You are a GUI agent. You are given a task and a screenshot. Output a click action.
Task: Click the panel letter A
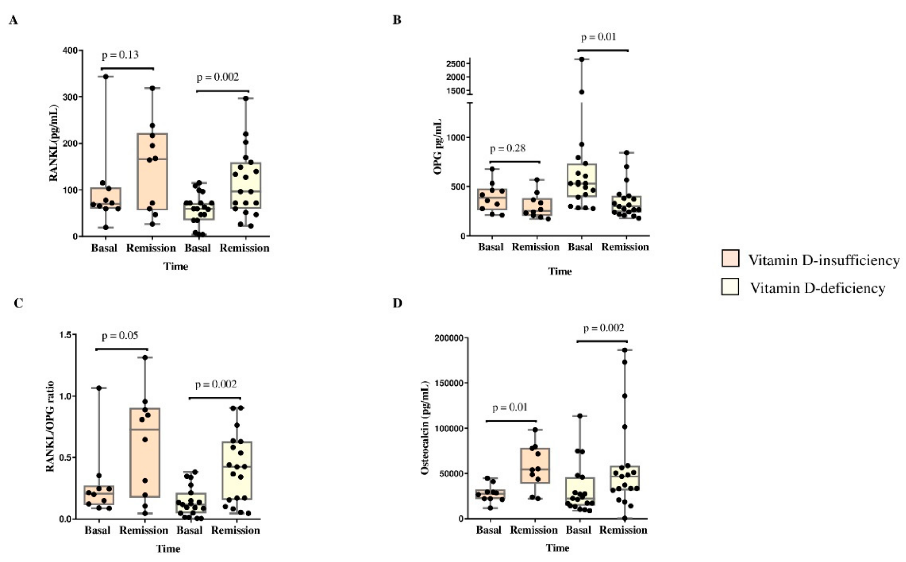[13, 20]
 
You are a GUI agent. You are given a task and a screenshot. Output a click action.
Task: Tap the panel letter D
[397, 303]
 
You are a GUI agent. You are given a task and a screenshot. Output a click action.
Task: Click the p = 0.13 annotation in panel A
[120, 55]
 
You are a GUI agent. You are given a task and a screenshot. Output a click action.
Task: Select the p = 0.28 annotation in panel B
[508, 149]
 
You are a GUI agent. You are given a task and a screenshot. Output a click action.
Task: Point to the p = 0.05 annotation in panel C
[119, 336]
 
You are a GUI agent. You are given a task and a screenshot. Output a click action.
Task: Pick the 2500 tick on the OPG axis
[456, 64]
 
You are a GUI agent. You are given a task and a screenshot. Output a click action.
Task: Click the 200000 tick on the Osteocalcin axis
[449, 338]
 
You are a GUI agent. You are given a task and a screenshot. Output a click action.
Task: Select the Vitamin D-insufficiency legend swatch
[730, 258]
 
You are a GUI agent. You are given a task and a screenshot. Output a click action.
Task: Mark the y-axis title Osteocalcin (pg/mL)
[425, 428]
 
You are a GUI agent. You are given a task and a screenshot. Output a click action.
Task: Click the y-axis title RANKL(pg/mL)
[54, 143]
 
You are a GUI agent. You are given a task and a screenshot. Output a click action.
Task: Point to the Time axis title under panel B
[560, 271]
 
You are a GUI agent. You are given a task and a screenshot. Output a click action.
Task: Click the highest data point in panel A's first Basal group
[105, 76]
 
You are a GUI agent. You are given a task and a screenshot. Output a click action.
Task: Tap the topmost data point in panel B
[582, 59]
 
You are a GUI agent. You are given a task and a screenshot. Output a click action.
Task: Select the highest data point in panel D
[625, 350]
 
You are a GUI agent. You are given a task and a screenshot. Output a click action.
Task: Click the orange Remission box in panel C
[145, 452]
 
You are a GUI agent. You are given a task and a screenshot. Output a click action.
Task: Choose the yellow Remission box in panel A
[246, 185]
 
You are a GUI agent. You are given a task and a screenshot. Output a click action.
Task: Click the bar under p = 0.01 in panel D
[511, 421]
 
